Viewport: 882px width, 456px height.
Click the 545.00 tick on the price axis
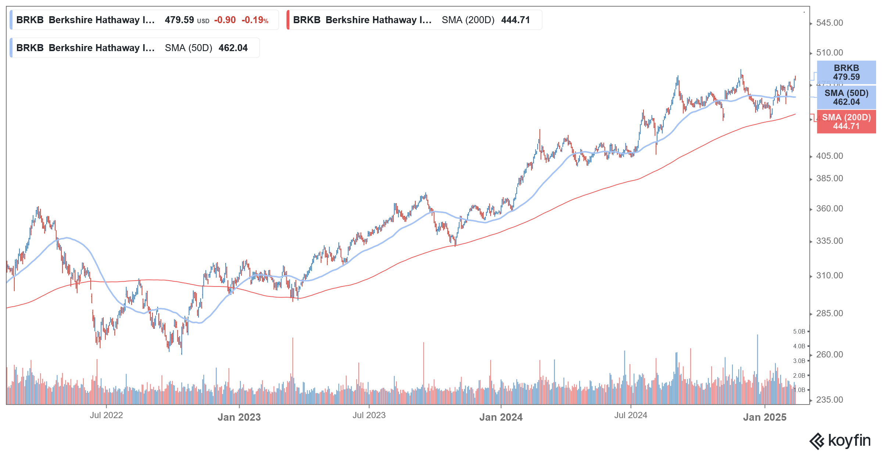click(829, 23)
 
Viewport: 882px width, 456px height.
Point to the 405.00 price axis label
click(829, 156)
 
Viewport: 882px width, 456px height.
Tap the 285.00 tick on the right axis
click(829, 313)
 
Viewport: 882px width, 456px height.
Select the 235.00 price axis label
click(829, 400)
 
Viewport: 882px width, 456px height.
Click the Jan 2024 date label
click(501, 417)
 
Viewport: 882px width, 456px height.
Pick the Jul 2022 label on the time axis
click(106, 415)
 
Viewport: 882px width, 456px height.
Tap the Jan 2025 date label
click(764, 417)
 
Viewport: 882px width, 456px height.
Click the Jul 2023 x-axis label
click(369, 415)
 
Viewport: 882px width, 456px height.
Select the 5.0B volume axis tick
click(799, 331)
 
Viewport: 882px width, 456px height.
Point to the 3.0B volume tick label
click(799, 361)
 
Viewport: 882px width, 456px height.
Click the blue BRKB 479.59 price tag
click(846, 72)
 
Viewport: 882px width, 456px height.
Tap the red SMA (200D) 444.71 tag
click(846, 122)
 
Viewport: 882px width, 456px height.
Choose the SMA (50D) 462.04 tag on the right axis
click(846, 97)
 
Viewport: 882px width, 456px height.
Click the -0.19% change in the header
click(255, 20)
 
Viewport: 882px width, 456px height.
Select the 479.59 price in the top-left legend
click(179, 20)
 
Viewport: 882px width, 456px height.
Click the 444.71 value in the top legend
click(515, 20)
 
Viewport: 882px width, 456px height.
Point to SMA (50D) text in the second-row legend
click(188, 48)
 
